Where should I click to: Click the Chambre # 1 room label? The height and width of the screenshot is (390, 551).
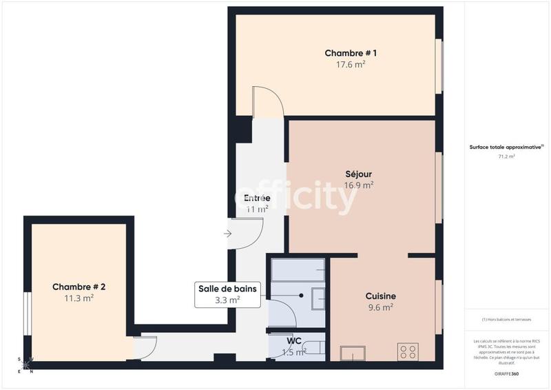351,53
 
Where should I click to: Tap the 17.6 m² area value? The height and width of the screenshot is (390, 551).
351,65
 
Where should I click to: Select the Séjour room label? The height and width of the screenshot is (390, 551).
359,174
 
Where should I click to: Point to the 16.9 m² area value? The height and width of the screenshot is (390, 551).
359,185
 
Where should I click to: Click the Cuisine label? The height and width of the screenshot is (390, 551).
380,296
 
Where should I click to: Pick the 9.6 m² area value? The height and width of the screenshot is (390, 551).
380,307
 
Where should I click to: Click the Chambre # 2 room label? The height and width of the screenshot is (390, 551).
79,287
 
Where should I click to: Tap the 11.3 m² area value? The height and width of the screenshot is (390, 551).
79,298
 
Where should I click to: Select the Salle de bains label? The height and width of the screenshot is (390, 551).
228,289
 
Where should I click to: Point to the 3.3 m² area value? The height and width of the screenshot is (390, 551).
227,300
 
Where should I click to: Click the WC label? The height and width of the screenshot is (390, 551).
294,340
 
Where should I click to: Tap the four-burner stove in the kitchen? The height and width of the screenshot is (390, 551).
408,351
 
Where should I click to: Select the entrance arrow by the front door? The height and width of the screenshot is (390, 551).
228,234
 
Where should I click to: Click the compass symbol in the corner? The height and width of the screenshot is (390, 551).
25,365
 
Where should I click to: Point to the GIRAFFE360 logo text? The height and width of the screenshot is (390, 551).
507,373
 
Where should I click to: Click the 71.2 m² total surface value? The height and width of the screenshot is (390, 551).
506,156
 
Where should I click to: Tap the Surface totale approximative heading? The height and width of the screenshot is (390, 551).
506,147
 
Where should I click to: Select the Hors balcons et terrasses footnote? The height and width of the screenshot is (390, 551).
506,320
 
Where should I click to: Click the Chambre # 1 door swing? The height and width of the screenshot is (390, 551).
269,102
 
